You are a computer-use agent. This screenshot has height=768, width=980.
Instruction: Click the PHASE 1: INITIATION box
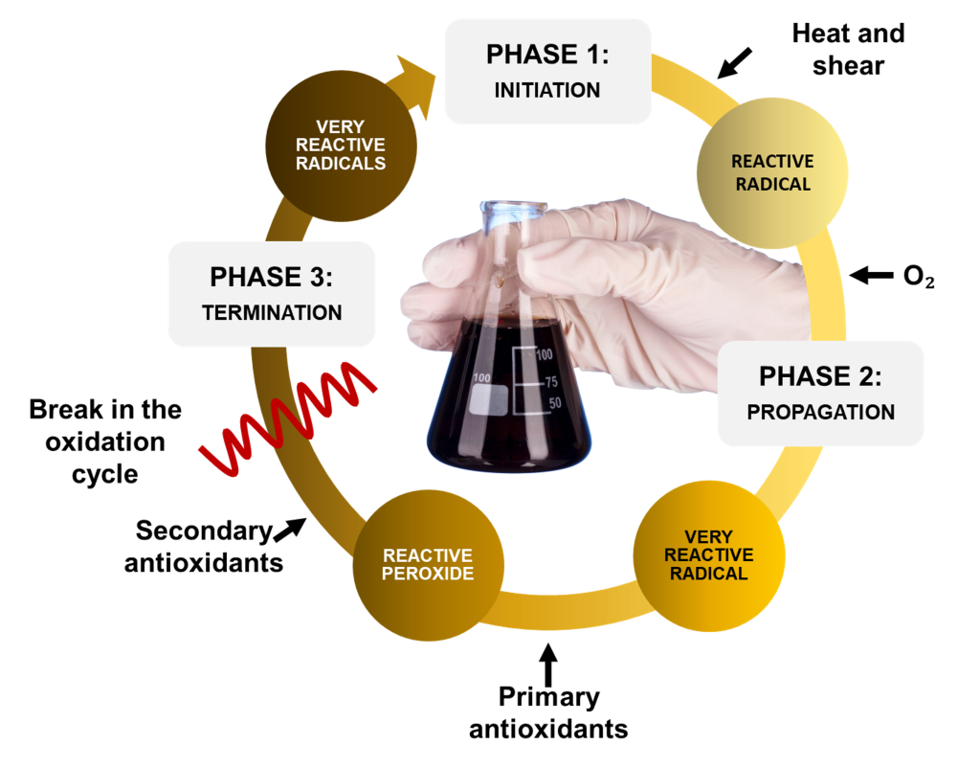click(x=547, y=71)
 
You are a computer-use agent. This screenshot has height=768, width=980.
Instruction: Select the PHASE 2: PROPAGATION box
click(x=819, y=393)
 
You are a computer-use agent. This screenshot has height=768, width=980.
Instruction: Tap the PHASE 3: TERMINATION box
click(x=271, y=293)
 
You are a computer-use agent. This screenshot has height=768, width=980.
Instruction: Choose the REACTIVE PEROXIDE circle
click(x=428, y=564)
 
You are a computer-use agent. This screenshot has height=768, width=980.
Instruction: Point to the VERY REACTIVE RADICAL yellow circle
click(x=709, y=556)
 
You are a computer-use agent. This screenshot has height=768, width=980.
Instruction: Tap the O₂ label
click(x=918, y=278)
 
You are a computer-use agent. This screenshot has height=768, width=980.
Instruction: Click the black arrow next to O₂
click(x=871, y=276)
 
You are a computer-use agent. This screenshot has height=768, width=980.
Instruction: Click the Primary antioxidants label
click(x=548, y=712)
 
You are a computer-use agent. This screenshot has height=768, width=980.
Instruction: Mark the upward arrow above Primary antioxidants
click(x=547, y=664)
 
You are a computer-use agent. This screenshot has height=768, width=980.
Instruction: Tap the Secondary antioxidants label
click(x=204, y=546)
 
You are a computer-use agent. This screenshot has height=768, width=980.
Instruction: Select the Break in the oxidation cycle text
click(x=105, y=441)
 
